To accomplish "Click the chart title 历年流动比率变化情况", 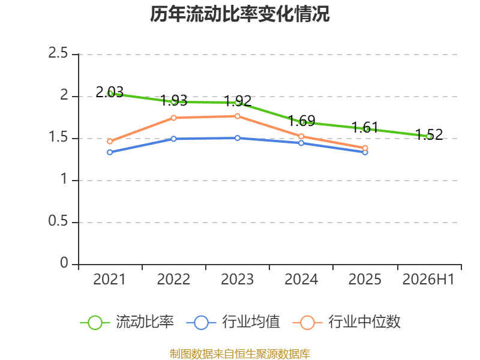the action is (239, 14).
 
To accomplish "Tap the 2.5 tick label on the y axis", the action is (58, 53).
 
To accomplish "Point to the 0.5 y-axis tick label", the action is (58, 221).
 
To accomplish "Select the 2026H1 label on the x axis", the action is (428, 279).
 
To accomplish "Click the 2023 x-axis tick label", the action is (237, 279).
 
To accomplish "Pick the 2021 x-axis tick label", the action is (109, 279).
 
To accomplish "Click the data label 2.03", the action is (110, 92).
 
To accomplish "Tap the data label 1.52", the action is (429, 134).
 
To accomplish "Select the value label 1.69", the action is (302, 121).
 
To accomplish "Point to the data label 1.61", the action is (365, 127).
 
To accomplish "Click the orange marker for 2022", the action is (173, 118).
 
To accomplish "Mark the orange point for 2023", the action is (238, 116).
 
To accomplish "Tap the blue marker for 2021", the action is (110, 152).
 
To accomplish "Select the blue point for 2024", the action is (301, 143).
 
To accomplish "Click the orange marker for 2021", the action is (110, 142).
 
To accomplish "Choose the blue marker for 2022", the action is (173, 139).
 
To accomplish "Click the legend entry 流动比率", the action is (127, 322).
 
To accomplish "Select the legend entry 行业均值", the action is (233, 322).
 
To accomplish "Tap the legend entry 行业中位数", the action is (347, 322).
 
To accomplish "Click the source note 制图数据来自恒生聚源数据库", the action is (240, 353).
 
